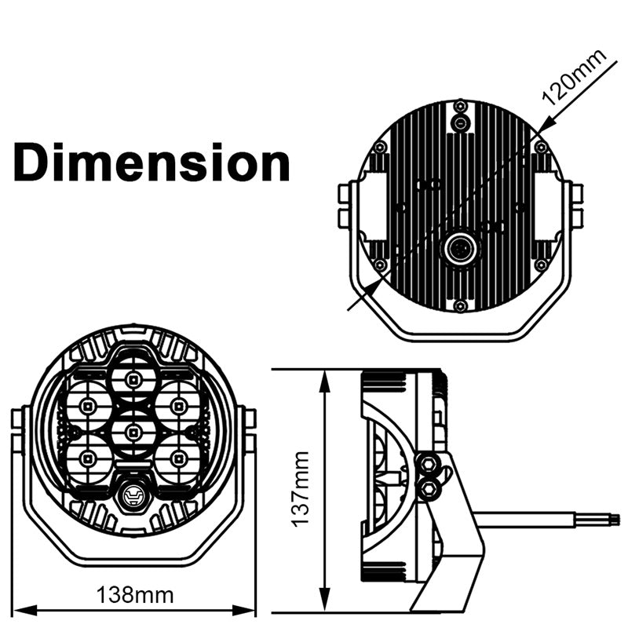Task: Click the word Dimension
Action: pyautogui.click(x=152, y=163)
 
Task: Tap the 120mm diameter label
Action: pyautogui.click(x=575, y=78)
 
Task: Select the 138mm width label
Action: pyautogui.click(x=134, y=594)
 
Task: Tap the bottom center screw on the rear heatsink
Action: pyautogui.click(x=460, y=304)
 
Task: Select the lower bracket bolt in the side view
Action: pyautogui.click(x=429, y=489)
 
